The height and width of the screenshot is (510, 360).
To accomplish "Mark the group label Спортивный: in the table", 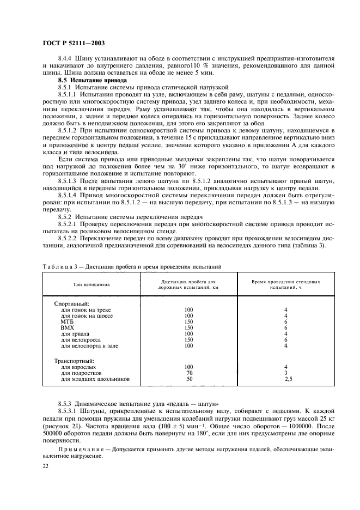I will pos(71,303).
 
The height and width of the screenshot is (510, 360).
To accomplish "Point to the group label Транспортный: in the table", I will pos(74,361).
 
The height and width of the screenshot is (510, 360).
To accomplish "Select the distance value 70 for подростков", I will pos(190,373).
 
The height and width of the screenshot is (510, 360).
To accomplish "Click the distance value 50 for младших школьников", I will pos(190,379).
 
